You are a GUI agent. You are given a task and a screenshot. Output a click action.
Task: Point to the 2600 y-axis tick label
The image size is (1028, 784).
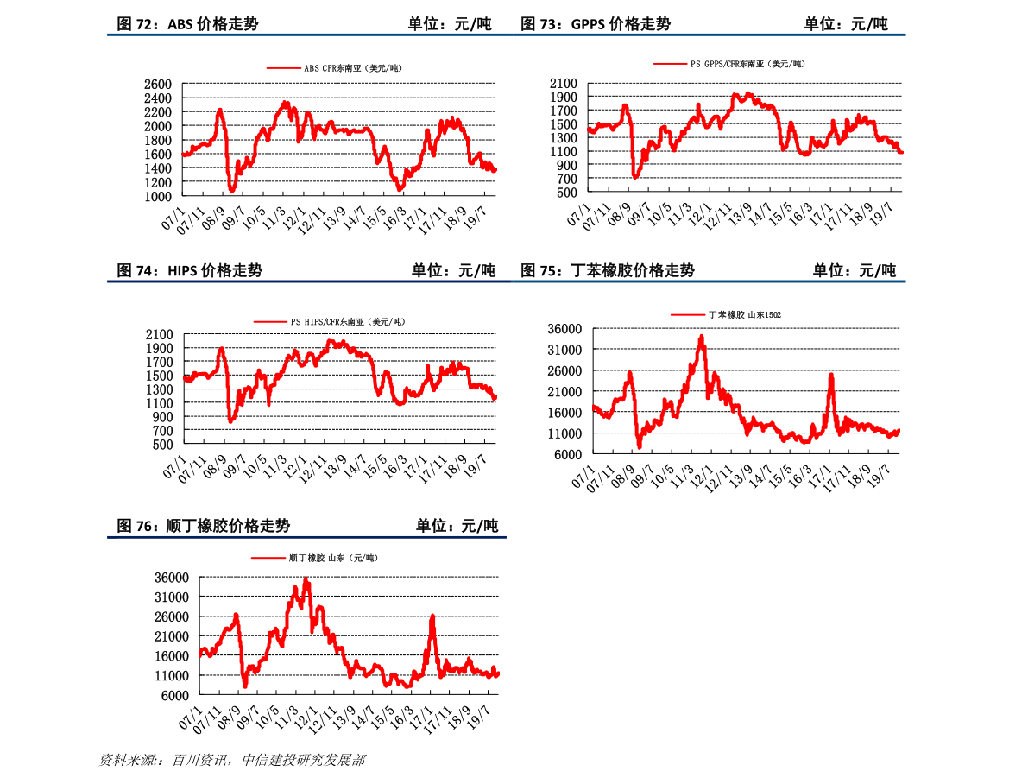158,85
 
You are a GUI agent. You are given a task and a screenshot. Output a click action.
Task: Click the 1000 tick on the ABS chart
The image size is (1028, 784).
158,196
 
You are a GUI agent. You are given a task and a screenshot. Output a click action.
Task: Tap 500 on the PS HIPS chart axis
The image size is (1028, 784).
163,444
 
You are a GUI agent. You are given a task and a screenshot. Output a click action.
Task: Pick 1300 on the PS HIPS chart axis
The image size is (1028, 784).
159,389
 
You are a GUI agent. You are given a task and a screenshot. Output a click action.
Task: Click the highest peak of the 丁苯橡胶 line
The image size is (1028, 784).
702,337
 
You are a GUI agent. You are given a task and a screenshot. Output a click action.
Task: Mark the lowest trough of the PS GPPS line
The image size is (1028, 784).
636,176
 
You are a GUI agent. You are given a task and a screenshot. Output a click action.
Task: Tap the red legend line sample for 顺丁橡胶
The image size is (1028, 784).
268,559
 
